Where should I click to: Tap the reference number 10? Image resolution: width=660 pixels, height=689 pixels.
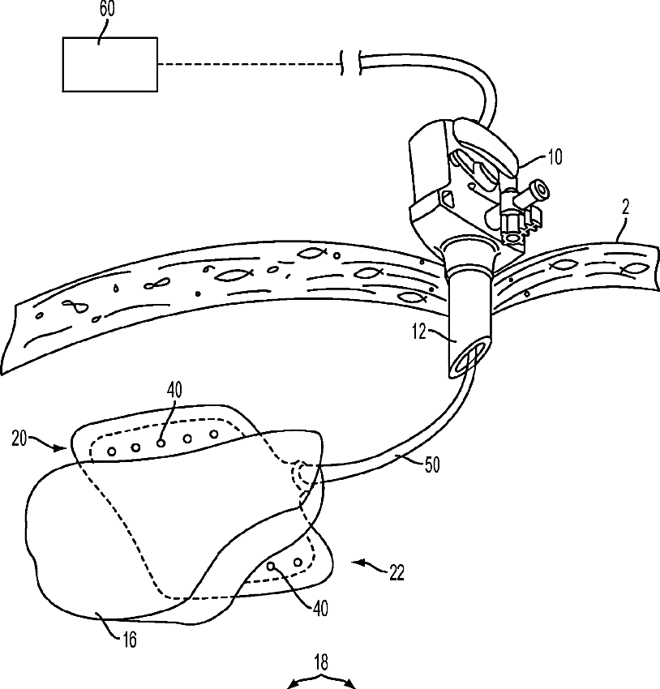554,158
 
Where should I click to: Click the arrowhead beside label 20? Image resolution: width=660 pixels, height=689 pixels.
63,447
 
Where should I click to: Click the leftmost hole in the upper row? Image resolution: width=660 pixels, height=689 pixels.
112,450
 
